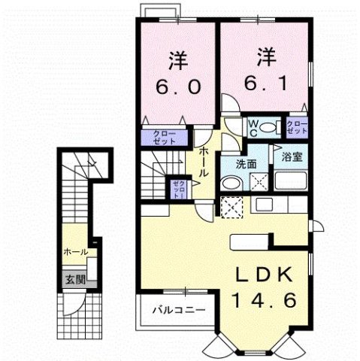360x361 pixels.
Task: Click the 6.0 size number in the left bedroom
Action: click(179, 86)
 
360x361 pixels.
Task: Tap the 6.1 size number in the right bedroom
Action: click(262, 81)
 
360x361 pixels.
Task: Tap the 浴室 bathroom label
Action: click(292, 158)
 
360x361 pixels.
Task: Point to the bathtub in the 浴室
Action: click(292, 181)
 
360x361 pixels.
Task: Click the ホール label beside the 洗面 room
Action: click(204, 160)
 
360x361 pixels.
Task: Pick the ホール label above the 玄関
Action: click(74, 252)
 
